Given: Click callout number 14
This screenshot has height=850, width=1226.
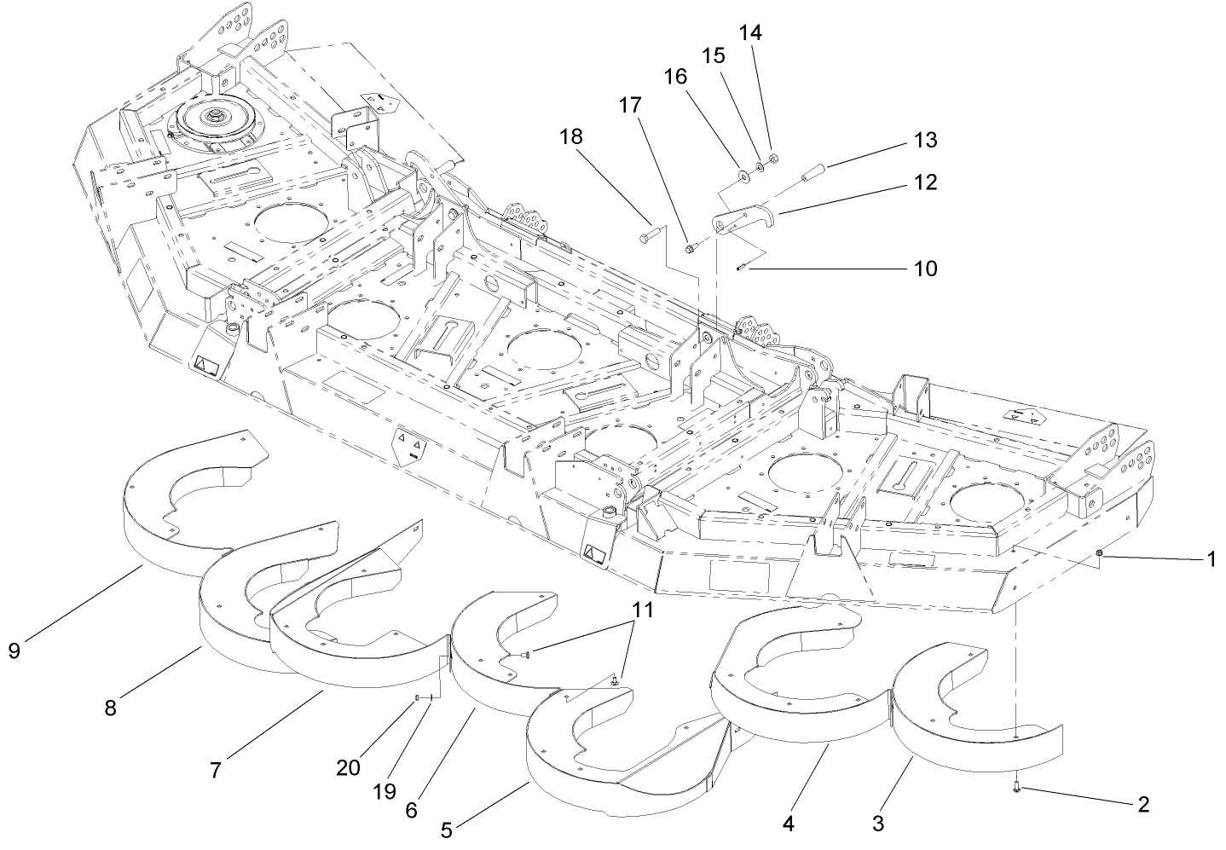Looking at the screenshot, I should tap(750, 33).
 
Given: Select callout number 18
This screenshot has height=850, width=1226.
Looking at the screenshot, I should tap(573, 136).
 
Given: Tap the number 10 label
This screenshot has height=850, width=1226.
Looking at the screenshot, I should tap(924, 269).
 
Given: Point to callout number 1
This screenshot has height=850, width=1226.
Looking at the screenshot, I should tap(1210, 560).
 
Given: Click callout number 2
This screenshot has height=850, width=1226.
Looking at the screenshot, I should tap(1142, 803).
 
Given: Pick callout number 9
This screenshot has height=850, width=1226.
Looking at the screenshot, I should tap(14, 651).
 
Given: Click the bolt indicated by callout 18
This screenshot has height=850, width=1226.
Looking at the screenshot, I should tap(649, 231).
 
